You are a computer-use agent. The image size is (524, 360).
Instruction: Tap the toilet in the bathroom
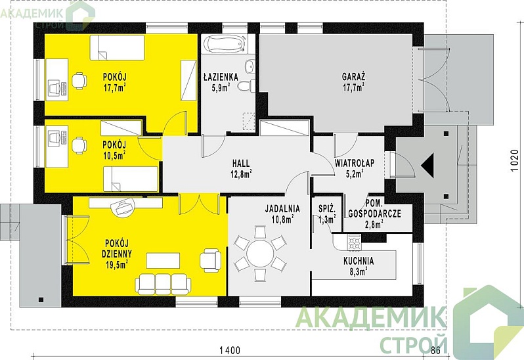[246, 86]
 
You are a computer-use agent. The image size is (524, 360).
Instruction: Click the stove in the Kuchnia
[355, 242]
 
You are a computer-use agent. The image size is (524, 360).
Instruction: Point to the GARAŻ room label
[353, 77]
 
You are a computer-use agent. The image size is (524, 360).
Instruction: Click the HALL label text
[241, 164]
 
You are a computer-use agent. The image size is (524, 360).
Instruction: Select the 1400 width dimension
[230, 350]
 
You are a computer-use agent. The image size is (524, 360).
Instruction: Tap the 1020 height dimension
[515, 160]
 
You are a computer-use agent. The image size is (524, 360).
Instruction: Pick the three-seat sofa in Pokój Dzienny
[163, 284]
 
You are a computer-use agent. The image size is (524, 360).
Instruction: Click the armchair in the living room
[211, 259]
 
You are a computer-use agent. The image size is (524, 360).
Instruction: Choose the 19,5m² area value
[116, 265]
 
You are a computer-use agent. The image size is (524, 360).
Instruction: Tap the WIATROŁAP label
[355, 163]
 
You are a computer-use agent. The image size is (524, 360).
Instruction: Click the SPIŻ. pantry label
[327, 210]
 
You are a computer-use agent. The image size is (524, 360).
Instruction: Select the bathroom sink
[250, 66]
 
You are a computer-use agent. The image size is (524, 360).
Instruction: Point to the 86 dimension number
[435, 350]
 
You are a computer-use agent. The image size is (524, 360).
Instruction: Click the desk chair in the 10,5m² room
[79, 145]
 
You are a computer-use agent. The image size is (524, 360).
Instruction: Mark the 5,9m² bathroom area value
[221, 88]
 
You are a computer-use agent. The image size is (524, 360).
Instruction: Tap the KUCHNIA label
[359, 261]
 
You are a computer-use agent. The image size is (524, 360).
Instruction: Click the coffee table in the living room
[163, 260]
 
